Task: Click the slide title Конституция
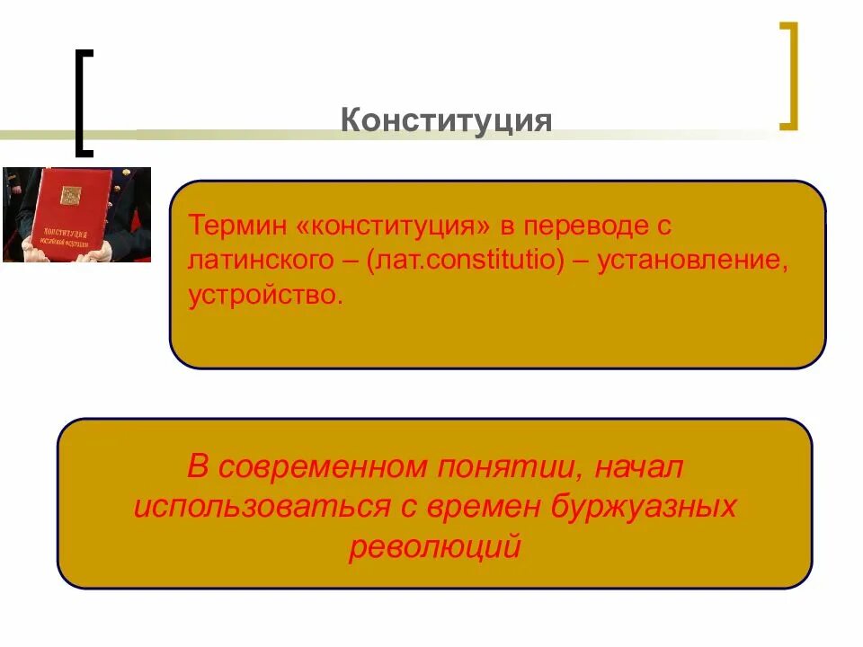pos(446,120)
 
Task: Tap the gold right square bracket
pos(788,76)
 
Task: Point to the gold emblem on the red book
pos(70,194)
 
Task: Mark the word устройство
pos(266,296)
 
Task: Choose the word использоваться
pos(261,506)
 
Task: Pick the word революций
pos(434,545)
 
